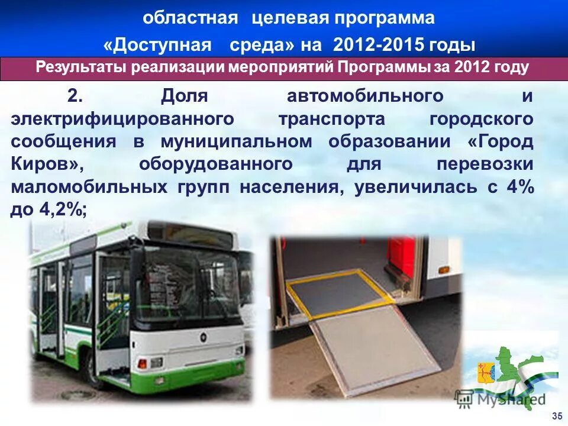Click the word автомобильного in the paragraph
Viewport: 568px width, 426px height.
[365, 95]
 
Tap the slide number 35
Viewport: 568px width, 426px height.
[556, 415]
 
